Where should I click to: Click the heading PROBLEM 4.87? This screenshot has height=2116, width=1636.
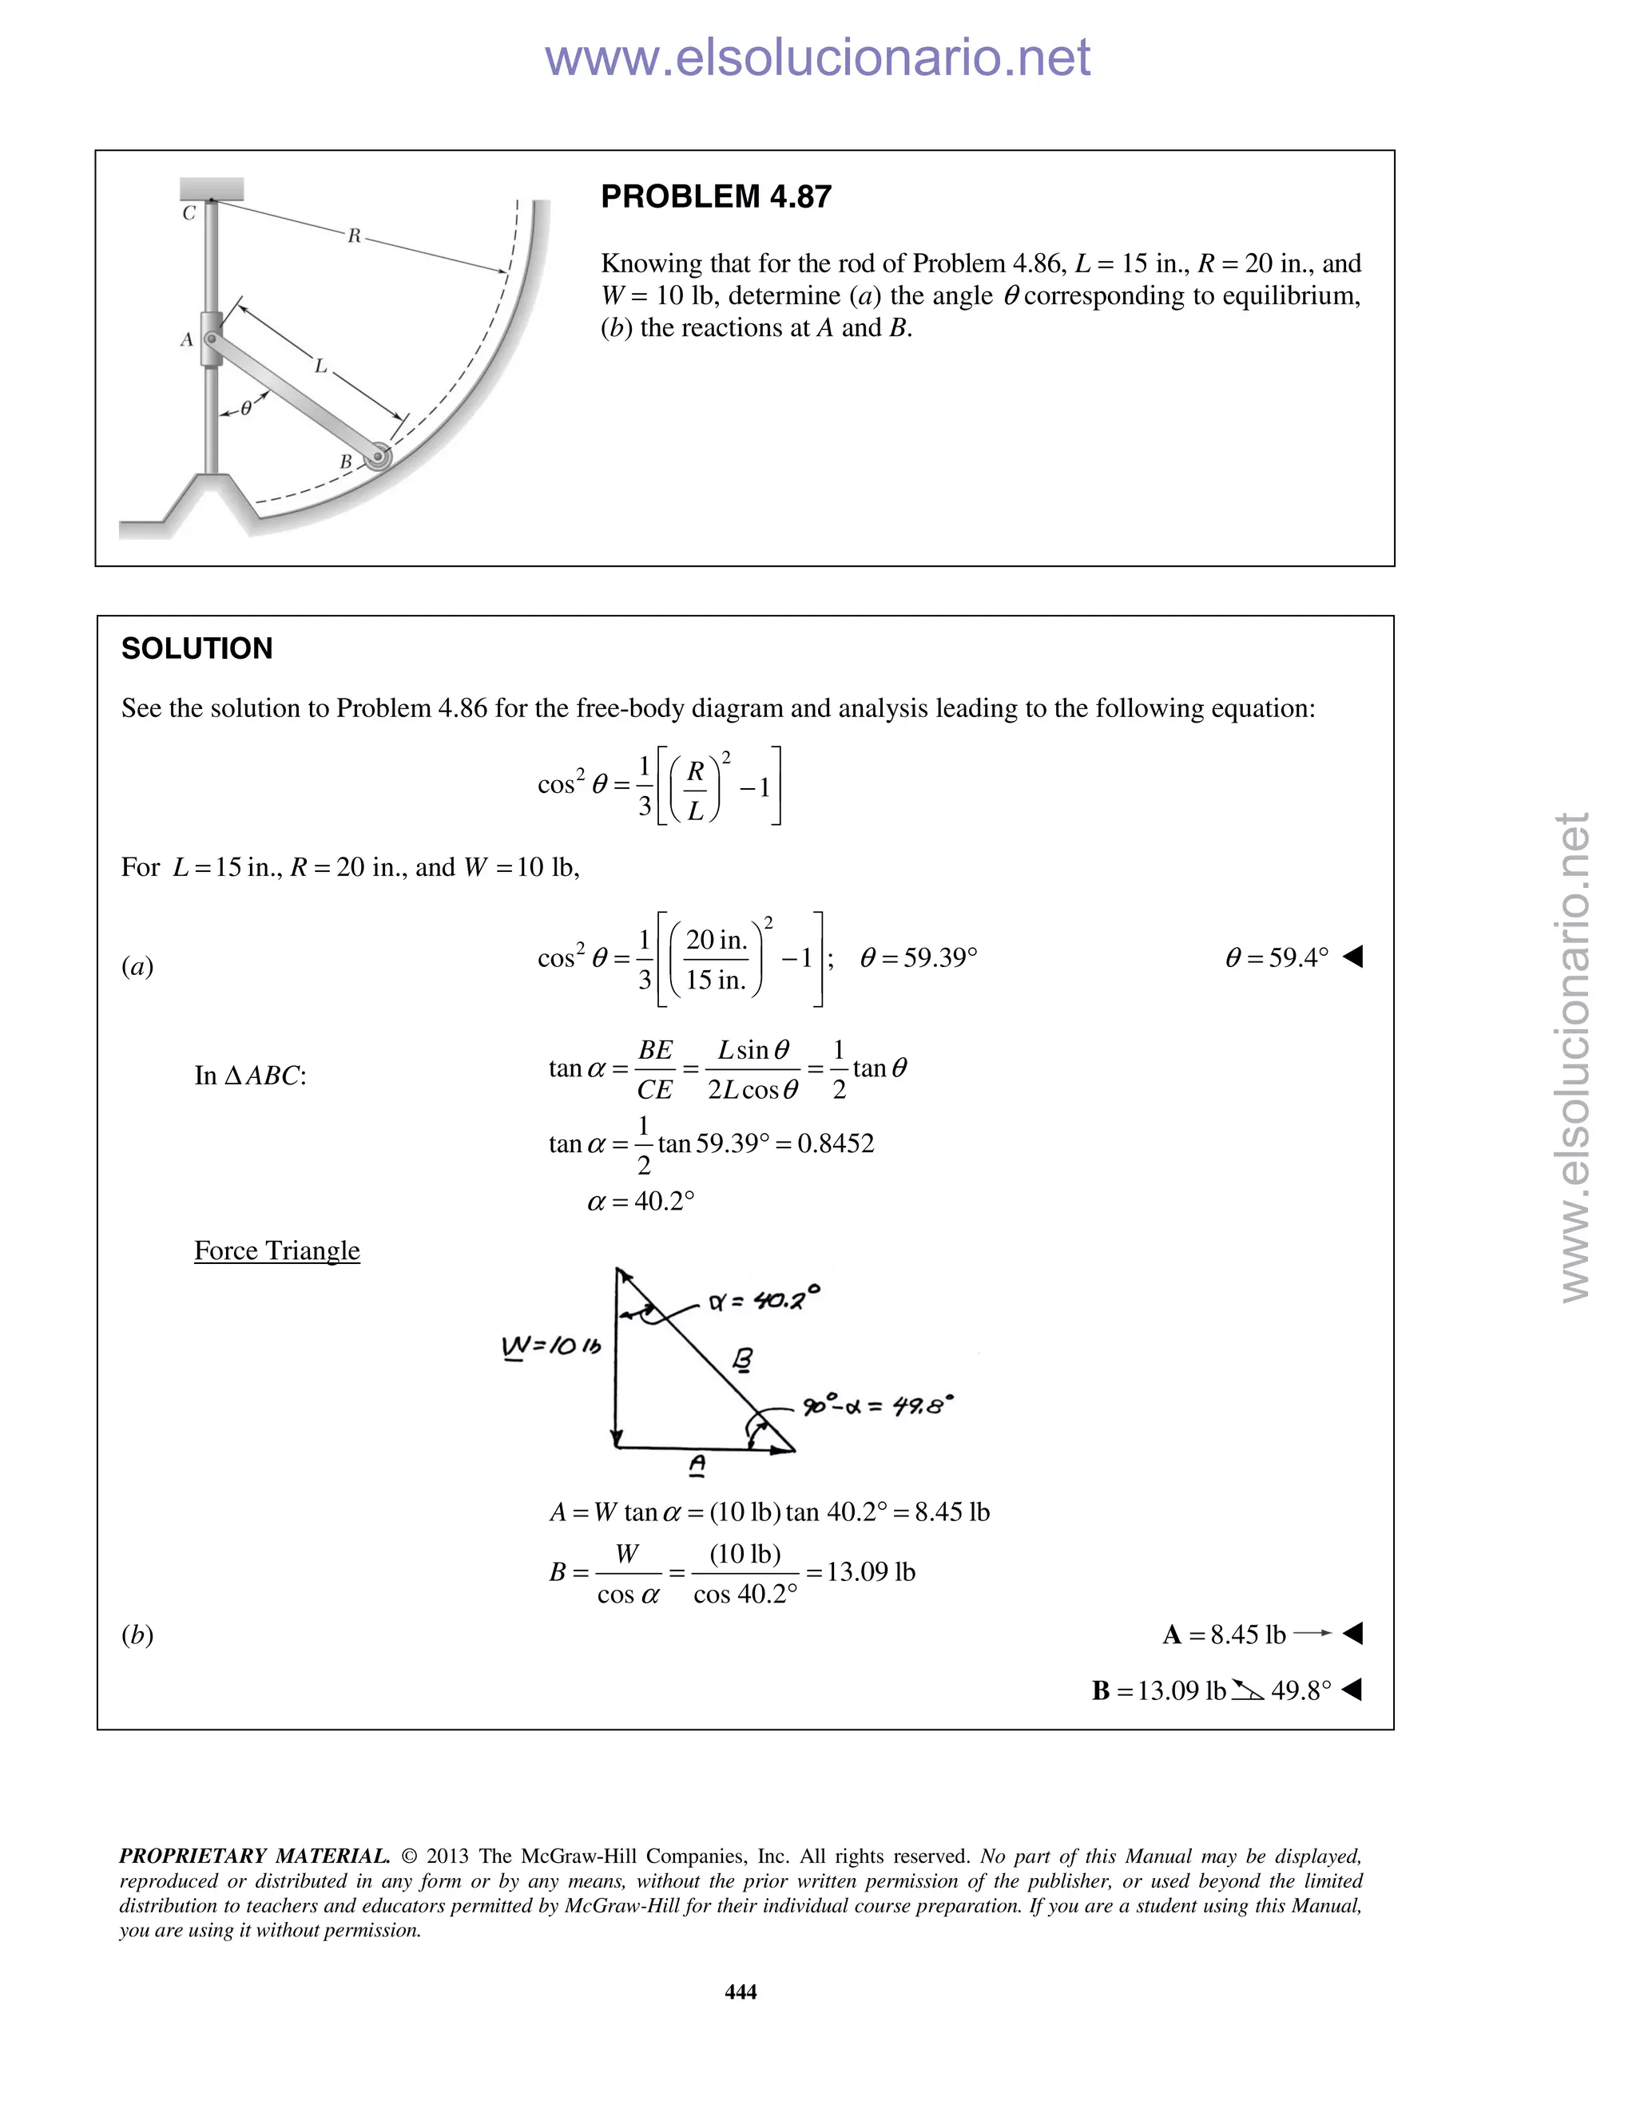[715, 196]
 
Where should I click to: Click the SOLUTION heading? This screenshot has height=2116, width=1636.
[197, 648]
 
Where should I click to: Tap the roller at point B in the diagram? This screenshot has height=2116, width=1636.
[378, 458]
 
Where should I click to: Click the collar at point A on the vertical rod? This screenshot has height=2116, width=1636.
[210, 338]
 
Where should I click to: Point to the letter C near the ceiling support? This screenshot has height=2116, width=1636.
[189, 213]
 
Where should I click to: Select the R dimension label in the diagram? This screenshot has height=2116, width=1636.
[355, 236]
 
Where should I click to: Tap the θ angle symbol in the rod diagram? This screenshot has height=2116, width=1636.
[246, 409]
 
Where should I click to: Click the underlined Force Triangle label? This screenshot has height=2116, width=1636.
[276, 1250]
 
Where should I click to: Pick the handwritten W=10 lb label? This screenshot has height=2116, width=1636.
[550, 1347]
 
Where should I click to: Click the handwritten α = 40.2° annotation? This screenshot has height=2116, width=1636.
[764, 1298]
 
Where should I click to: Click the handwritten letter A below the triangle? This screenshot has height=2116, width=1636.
[696, 1465]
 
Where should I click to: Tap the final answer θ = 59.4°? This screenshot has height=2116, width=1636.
[1277, 957]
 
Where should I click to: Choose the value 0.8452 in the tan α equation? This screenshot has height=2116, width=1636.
[836, 1143]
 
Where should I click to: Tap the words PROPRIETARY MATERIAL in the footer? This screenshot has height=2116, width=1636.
[254, 1856]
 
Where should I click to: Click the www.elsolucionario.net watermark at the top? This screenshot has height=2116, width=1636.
[817, 57]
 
